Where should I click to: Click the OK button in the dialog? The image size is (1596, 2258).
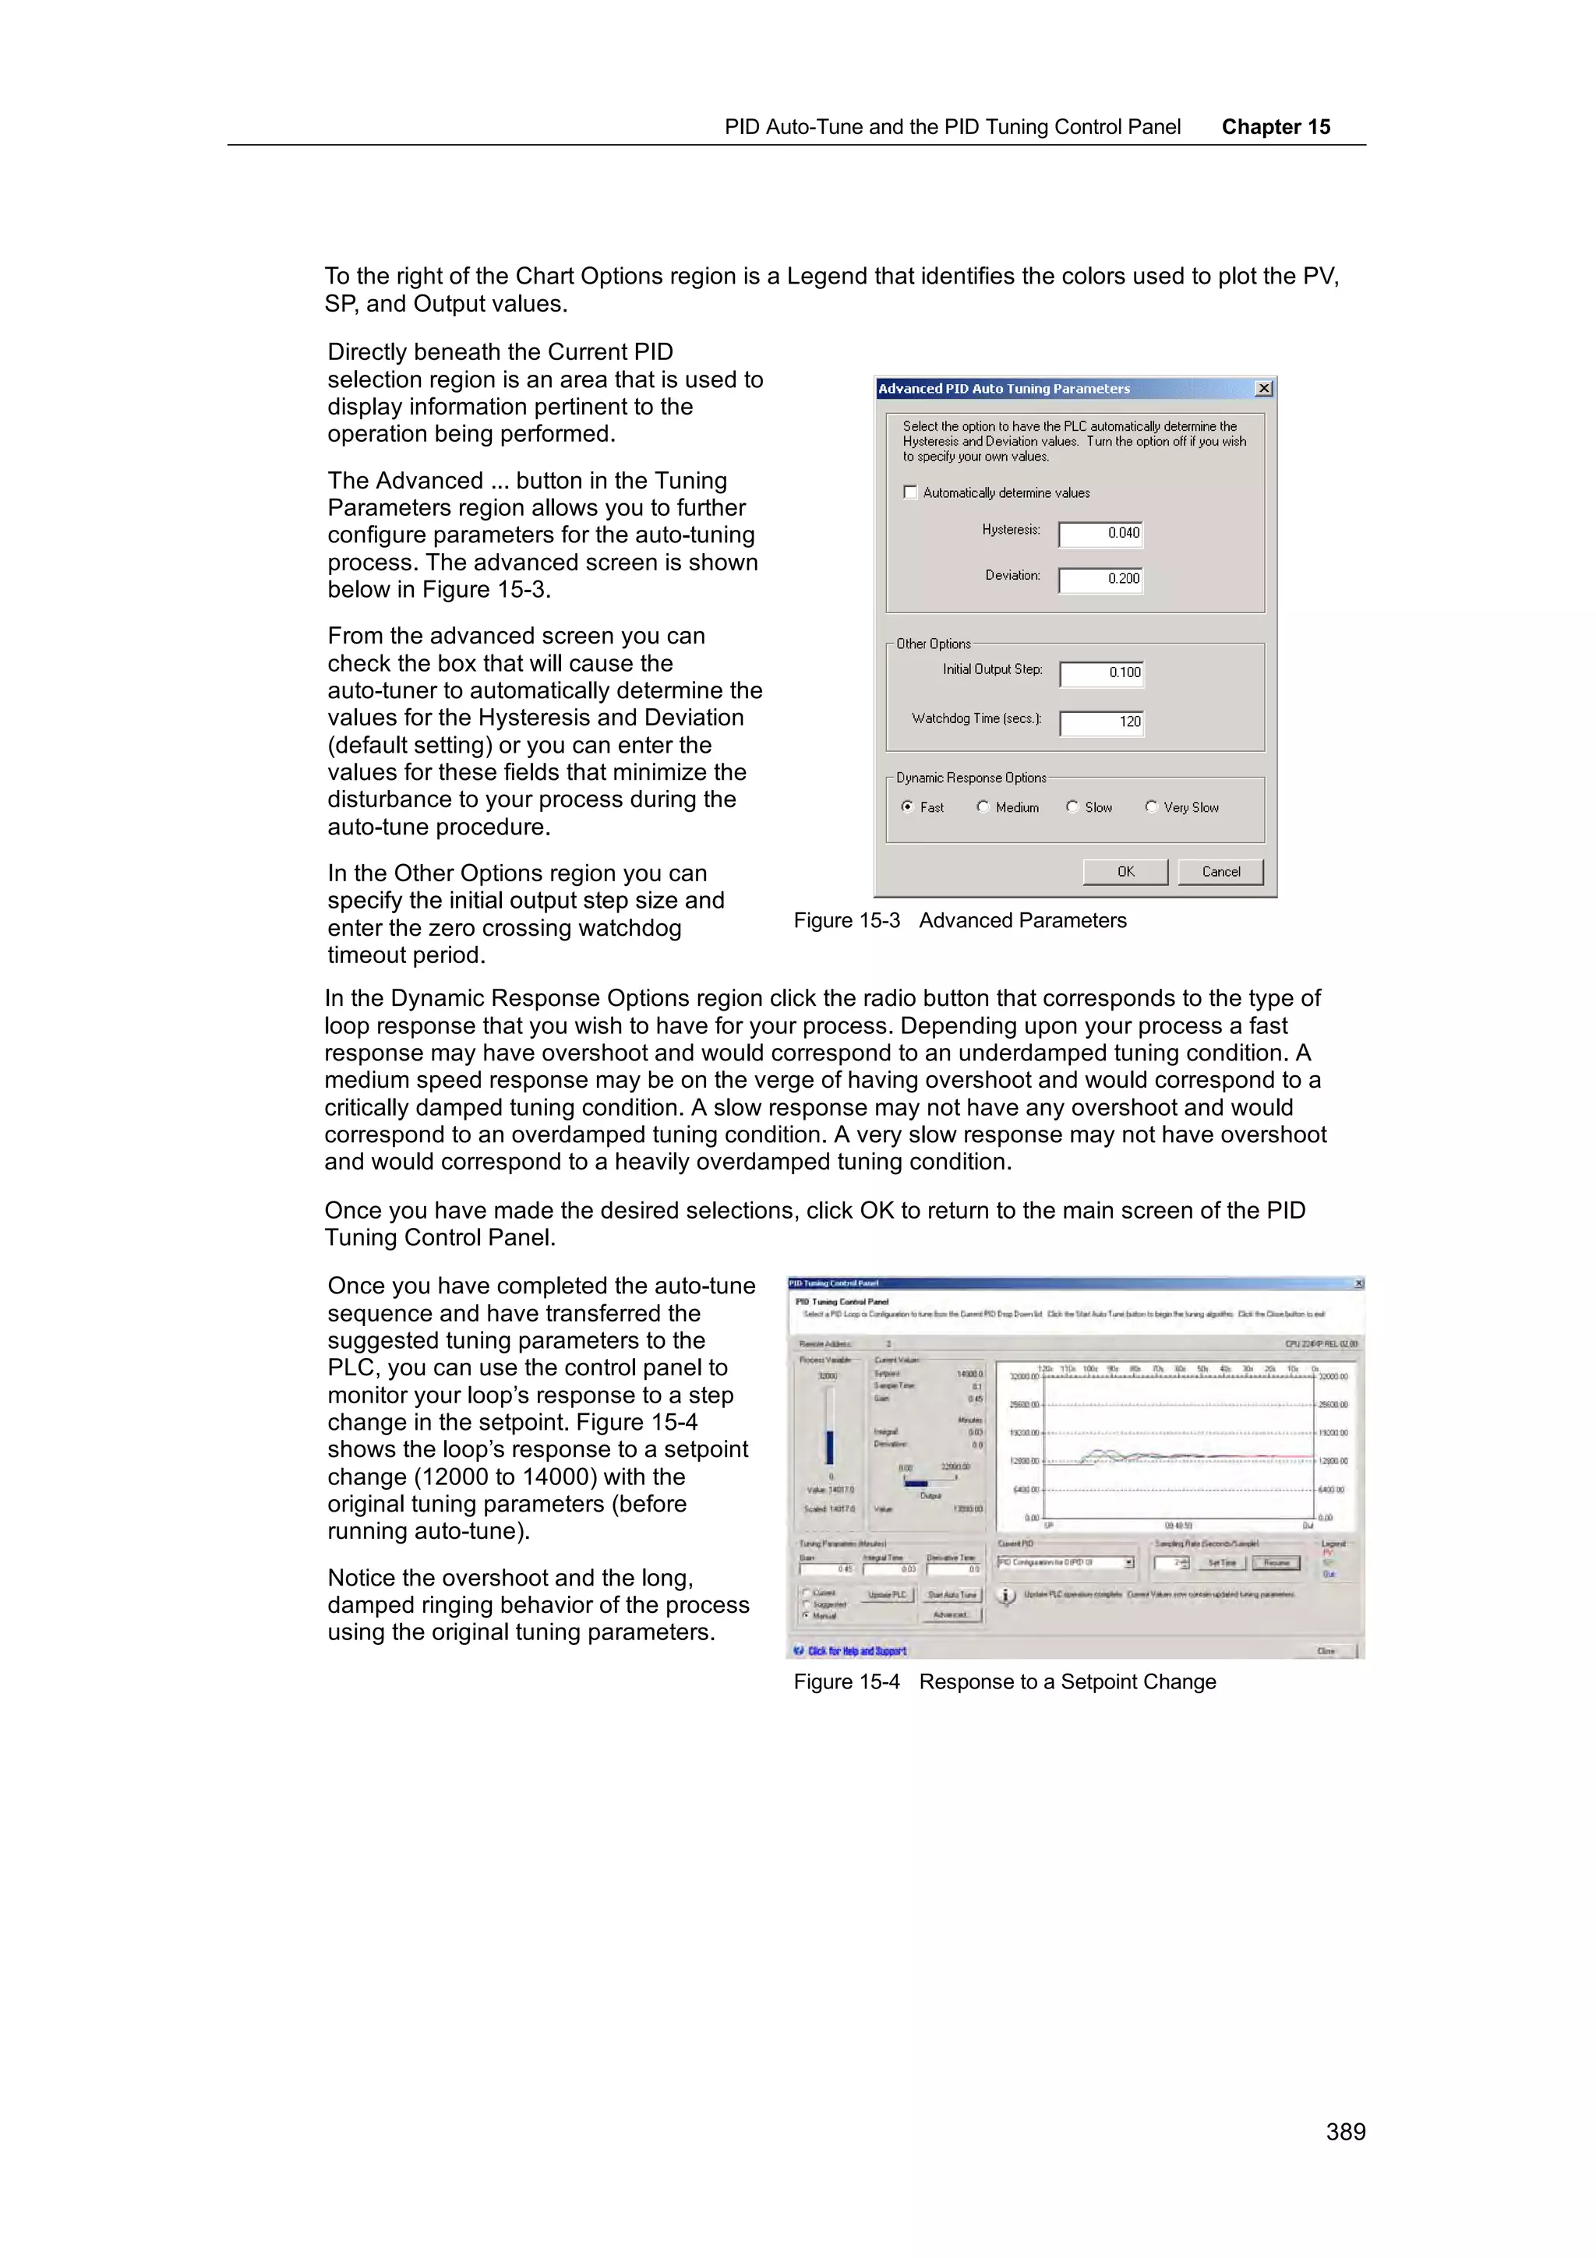1125,871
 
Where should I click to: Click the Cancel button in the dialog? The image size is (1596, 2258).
1220,871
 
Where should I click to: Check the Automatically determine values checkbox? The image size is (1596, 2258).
910,492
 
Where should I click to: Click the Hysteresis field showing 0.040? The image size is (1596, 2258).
1100,533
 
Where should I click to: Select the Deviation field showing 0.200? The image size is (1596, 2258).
1100,578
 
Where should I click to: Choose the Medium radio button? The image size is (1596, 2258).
983,806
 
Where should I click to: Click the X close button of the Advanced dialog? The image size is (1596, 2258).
1263,389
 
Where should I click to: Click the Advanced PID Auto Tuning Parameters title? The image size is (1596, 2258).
1004,389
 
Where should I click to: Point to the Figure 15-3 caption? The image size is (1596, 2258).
960,920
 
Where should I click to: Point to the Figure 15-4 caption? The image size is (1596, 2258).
1004,1681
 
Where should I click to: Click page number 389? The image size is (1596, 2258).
1344,2131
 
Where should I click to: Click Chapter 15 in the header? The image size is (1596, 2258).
1276,127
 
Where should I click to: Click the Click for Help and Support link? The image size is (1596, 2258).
856,1651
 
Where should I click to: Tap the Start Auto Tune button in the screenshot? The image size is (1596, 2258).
952,1595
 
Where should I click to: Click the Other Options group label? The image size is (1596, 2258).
934,644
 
